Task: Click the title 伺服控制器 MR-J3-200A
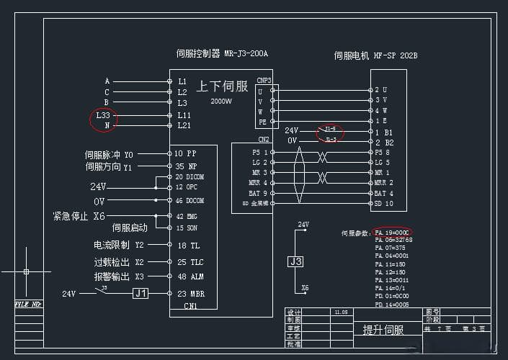click(x=226, y=54)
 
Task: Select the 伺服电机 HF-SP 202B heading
click(x=375, y=55)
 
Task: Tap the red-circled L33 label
click(x=104, y=115)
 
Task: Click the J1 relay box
click(x=141, y=294)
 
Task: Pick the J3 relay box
click(x=296, y=262)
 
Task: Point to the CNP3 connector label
click(x=264, y=81)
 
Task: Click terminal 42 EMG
click(x=187, y=216)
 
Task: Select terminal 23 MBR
click(x=190, y=294)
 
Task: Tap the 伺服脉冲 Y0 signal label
click(x=109, y=154)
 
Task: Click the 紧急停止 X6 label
click(x=79, y=216)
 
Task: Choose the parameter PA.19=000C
click(x=392, y=233)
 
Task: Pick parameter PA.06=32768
click(x=393, y=240)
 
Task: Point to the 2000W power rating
click(x=221, y=102)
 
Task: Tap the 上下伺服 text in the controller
click(x=223, y=86)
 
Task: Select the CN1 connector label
click(x=191, y=305)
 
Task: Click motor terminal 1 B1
click(x=383, y=132)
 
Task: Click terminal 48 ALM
click(x=189, y=276)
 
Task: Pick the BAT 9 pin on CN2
click(x=259, y=193)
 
